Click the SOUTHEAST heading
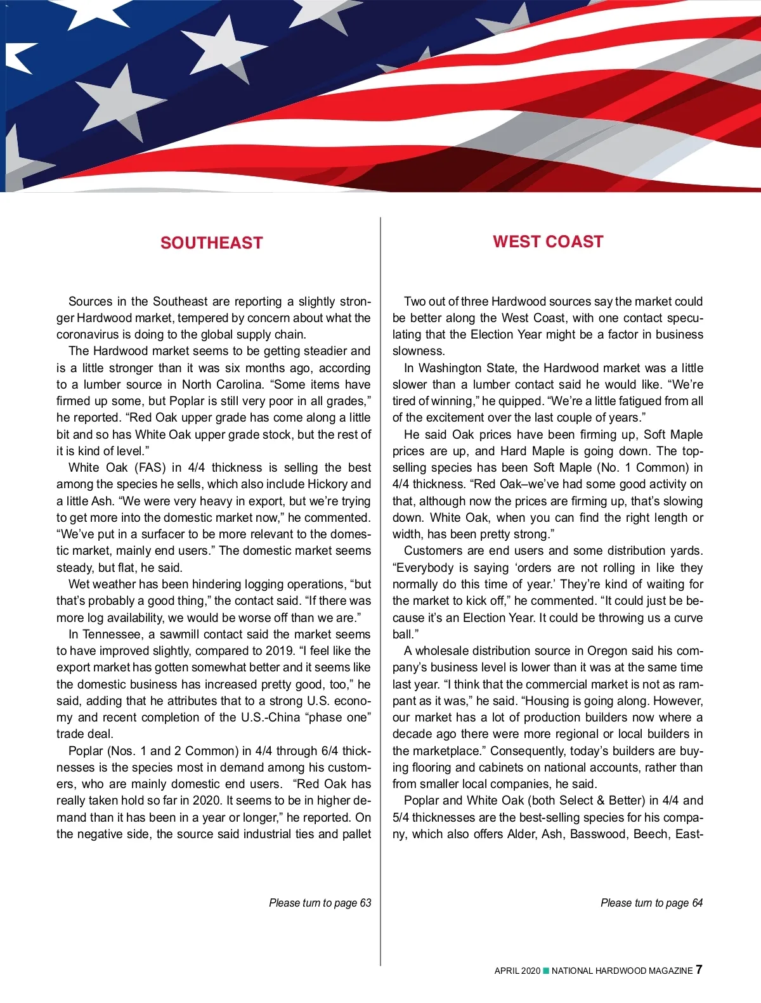coord(211,243)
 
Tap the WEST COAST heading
coord(548,242)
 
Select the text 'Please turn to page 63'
coord(320,903)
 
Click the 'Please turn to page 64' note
coord(651,903)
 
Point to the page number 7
coord(699,969)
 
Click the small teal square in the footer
coord(546,971)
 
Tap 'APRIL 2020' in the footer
coord(517,971)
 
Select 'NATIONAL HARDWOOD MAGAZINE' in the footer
coord(621,971)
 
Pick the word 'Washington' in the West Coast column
coord(450,368)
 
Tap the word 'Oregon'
coord(608,651)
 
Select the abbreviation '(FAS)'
coord(149,468)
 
